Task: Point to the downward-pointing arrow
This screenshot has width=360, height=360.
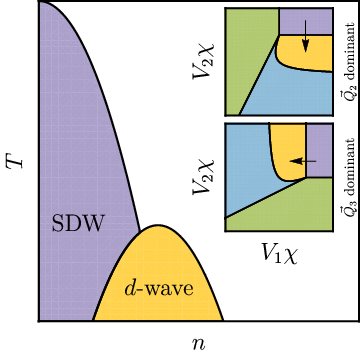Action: [304, 38]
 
